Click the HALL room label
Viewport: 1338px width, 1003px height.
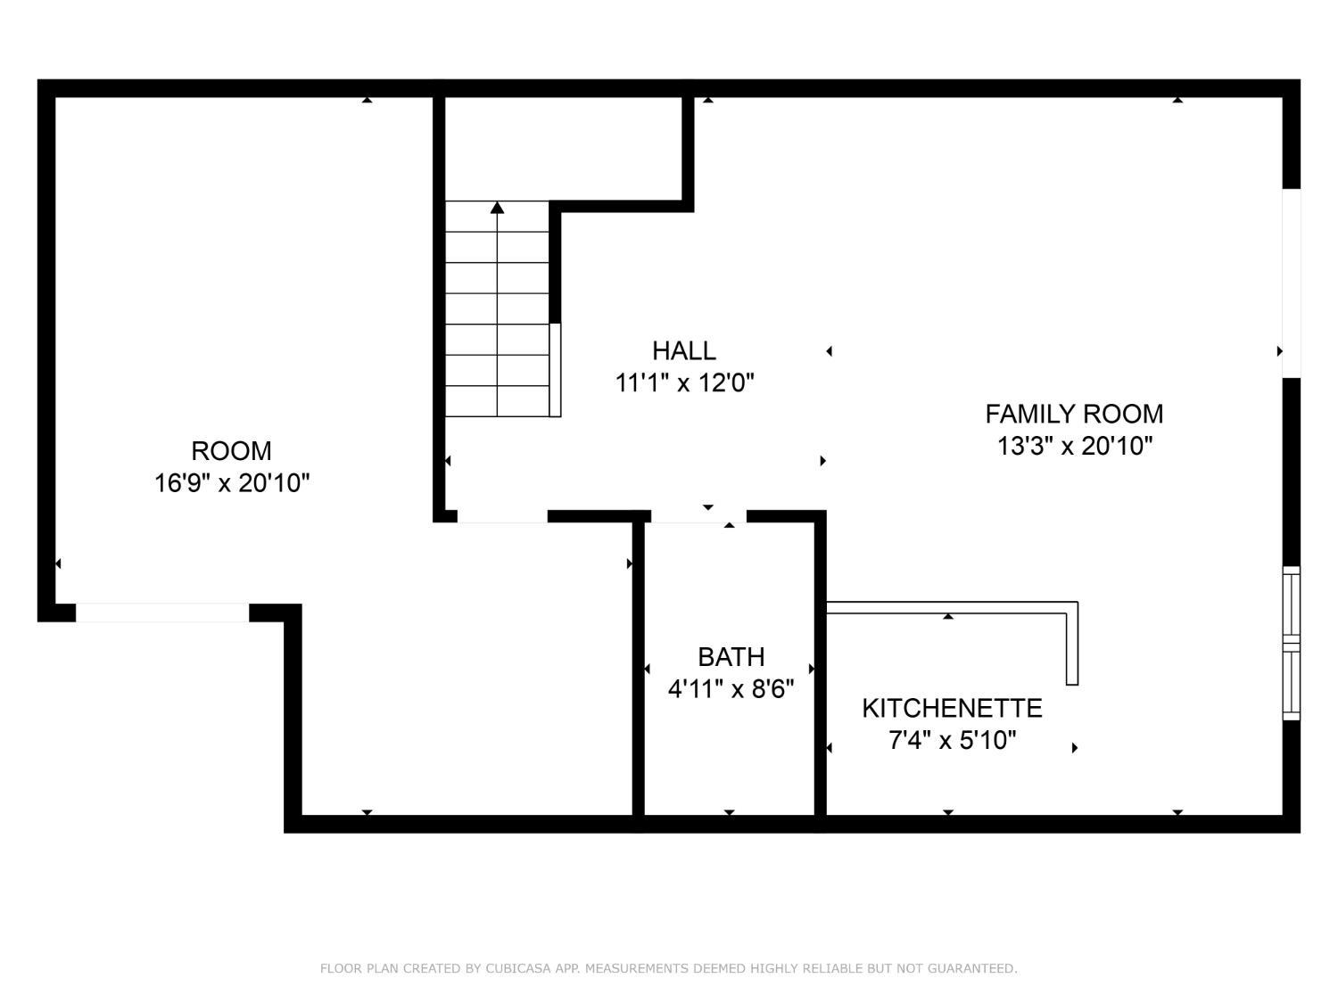(x=684, y=350)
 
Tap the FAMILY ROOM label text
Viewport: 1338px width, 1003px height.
(x=1074, y=414)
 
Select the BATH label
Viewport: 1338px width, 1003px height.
(x=731, y=657)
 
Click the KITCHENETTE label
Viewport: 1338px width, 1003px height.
(x=952, y=708)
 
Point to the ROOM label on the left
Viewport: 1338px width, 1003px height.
(x=231, y=451)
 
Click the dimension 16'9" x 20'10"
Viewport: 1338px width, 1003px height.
(x=232, y=483)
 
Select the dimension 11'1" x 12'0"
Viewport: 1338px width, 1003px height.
(x=684, y=383)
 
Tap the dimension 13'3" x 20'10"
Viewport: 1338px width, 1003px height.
(x=1075, y=447)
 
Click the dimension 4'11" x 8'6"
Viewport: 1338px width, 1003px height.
(x=731, y=689)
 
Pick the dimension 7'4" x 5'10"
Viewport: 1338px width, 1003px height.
(x=952, y=741)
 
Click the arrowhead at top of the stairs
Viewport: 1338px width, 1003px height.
(x=498, y=209)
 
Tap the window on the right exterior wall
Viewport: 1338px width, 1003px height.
(x=1291, y=643)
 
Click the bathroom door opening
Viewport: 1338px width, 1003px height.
(x=698, y=517)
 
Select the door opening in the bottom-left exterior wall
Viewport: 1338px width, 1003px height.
(x=162, y=612)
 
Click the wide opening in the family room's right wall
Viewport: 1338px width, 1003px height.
(x=1291, y=284)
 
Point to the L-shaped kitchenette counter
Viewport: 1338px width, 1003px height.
(x=1072, y=643)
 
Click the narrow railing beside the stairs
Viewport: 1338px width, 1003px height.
(x=555, y=370)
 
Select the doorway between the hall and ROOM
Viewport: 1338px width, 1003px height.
(x=502, y=517)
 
